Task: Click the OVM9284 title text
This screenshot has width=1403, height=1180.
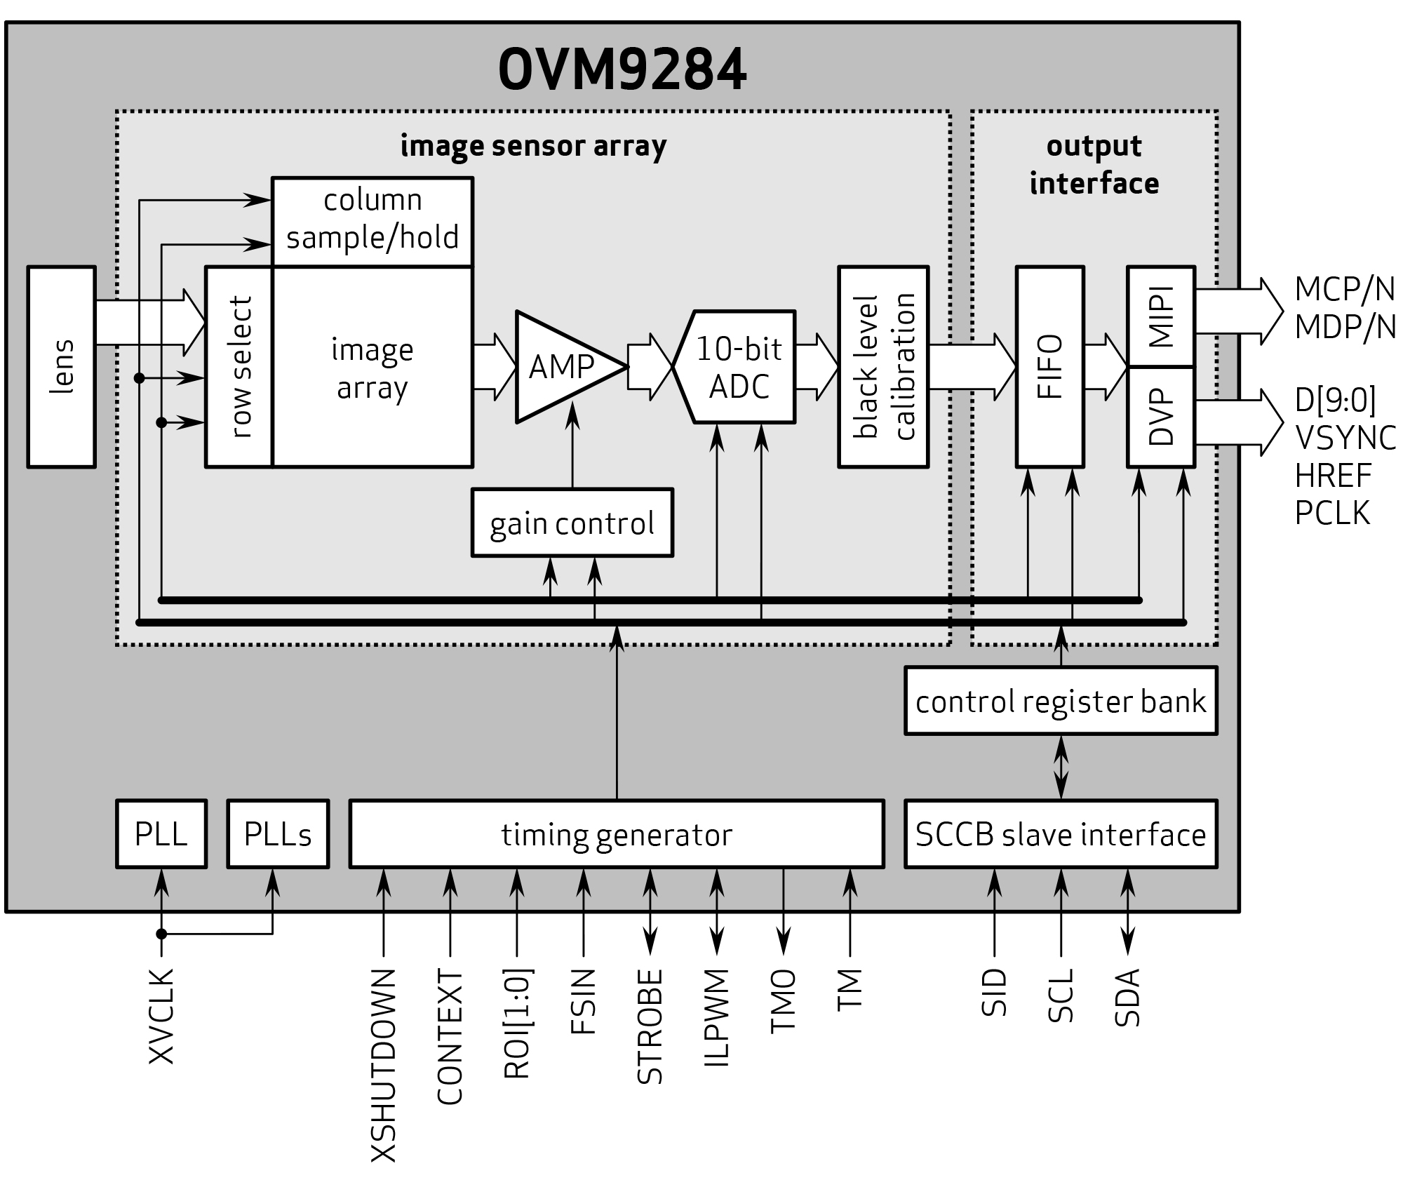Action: point(622,71)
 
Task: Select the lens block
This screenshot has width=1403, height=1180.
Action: point(62,366)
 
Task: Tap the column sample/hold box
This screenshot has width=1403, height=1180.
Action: point(372,221)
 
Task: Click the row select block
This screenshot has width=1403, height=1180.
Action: point(239,366)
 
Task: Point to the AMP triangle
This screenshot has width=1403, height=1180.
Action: point(561,367)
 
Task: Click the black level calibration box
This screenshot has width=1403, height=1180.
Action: point(883,366)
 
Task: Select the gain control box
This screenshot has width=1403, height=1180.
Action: point(572,523)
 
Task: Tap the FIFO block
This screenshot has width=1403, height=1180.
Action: point(1049,366)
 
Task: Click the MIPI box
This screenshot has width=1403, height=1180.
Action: point(1160,316)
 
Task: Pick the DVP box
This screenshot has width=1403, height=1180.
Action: point(1160,417)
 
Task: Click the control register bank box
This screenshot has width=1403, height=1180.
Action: point(1060,701)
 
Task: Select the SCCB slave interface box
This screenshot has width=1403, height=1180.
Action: point(1060,834)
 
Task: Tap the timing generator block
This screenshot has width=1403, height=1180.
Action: point(616,834)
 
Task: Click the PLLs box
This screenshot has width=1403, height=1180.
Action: point(278,834)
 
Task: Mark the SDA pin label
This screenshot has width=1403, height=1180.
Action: point(1127,997)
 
